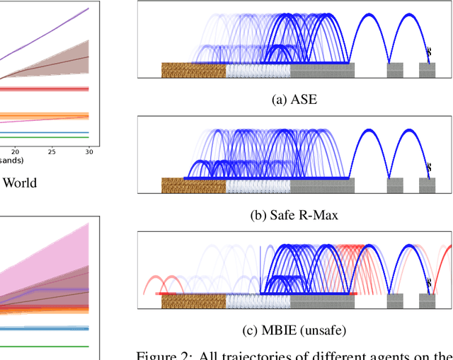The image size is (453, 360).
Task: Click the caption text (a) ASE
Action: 294,100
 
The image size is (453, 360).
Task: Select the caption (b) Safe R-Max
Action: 294,214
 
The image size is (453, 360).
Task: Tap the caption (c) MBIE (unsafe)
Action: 294,329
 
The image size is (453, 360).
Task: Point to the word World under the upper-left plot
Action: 20,182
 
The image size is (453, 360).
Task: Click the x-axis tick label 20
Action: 16,151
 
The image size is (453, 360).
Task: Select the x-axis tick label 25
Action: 52,151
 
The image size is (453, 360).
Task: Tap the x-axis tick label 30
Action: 88,151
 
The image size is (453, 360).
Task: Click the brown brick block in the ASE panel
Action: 193,70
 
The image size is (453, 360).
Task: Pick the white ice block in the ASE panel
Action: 258,70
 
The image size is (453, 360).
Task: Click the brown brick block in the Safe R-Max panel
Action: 193,185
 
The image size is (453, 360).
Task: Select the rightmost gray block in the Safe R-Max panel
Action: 427,185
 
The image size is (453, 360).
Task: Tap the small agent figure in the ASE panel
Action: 428,50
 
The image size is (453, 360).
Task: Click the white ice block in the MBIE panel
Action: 258,301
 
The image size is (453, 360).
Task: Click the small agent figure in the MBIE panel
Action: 428,282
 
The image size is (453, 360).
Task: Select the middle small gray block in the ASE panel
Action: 395,70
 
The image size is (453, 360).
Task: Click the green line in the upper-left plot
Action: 42,138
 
